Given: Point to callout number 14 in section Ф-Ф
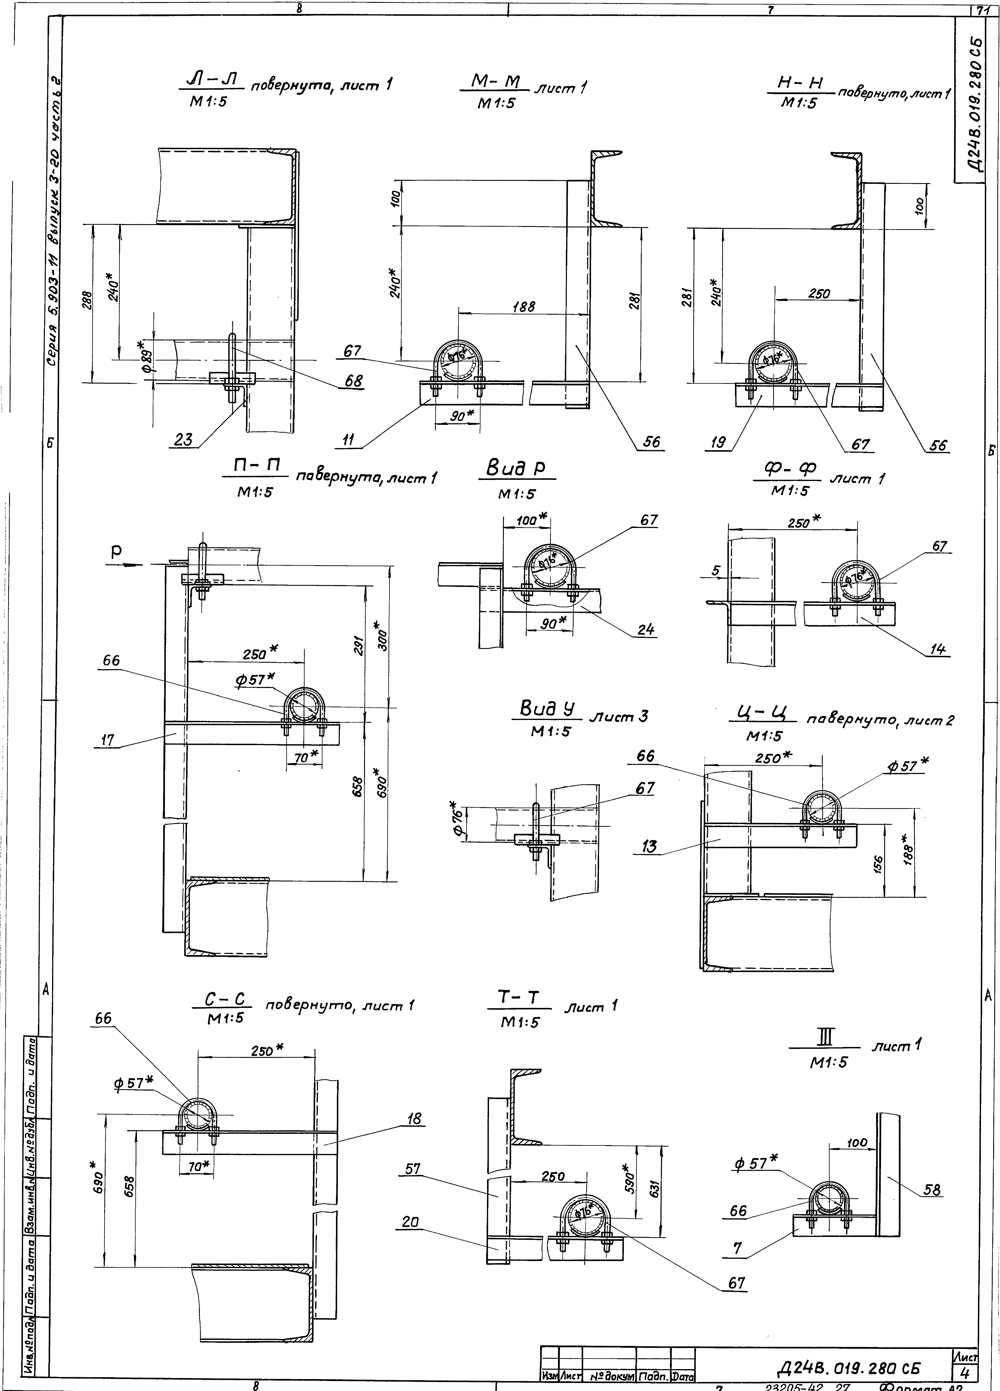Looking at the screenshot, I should (937, 649).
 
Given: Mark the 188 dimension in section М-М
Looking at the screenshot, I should (524, 307).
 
